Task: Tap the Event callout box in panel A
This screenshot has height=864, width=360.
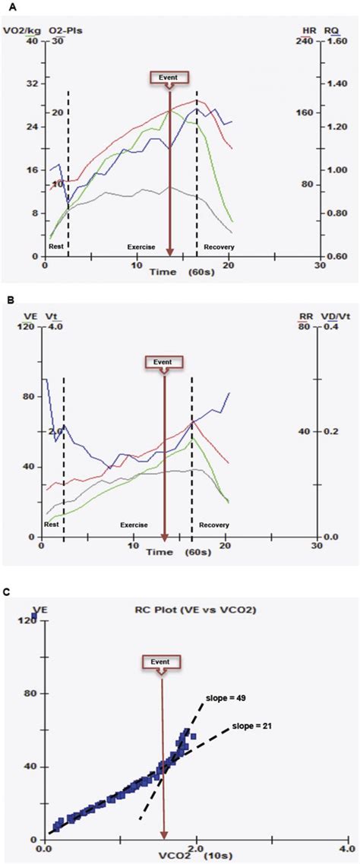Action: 168,77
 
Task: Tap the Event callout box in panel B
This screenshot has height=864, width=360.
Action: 164,362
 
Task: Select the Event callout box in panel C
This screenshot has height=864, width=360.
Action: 162,661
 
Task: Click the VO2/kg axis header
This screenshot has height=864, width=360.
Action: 17,30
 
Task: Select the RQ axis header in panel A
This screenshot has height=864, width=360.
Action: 332,31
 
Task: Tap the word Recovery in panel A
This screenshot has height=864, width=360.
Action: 219,248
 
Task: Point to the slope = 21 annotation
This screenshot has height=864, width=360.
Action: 254,726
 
